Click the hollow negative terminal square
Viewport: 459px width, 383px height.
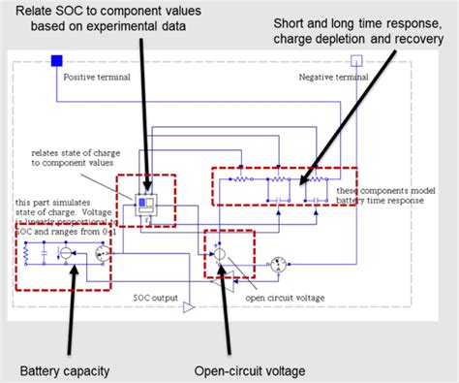click(x=356, y=61)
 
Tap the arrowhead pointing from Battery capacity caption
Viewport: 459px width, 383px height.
click(x=75, y=275)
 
